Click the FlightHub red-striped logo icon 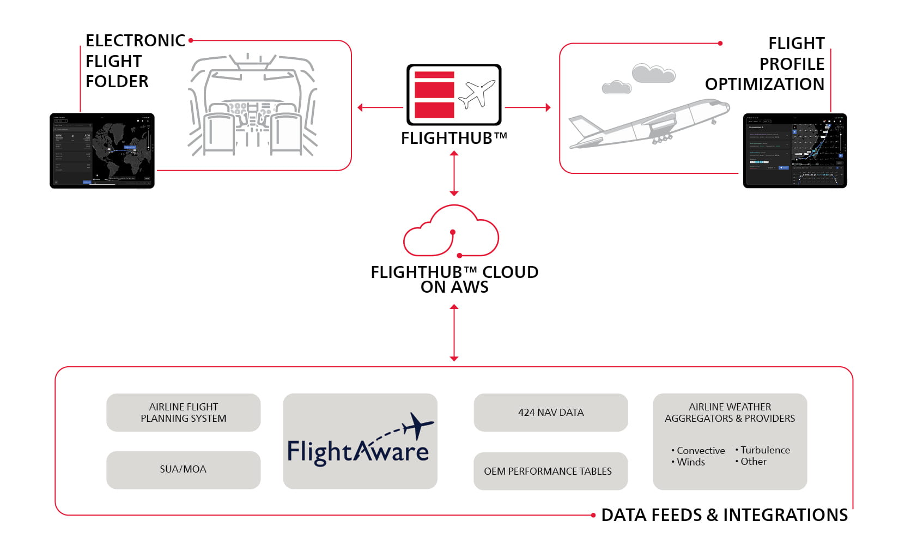point(453,95)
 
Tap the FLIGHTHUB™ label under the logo point(453,138)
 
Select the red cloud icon point(451,231)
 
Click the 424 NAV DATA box point(550,413)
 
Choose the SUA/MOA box point(183,469)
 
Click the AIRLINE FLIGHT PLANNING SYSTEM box point(183,413)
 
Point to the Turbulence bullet point(764,450)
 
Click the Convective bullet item point(700,451)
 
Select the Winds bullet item point(690,462)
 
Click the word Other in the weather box point(753,462)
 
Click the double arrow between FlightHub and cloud point(454,173)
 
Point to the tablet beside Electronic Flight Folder point(102,151)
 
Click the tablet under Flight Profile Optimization point(794,151)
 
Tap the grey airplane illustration point(648,124)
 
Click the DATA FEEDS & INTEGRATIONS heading point(724,515)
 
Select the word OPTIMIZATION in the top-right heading point(764,84)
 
